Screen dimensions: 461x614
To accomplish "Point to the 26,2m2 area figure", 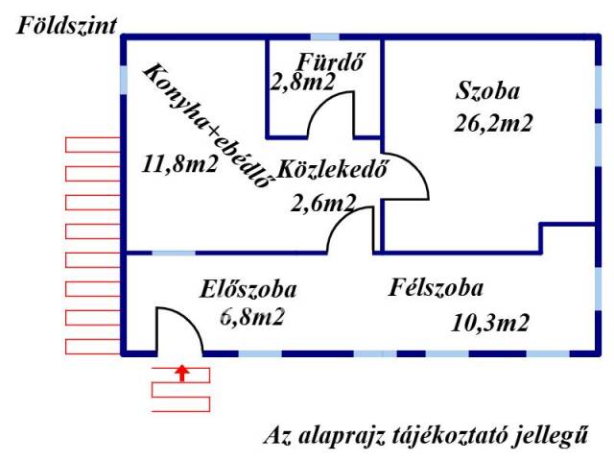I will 493,122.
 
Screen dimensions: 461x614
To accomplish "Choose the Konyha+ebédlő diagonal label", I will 203,126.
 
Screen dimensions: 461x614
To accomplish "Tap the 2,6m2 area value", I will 323,202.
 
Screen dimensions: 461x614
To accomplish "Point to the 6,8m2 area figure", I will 252,317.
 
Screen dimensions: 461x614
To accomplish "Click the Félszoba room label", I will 436,288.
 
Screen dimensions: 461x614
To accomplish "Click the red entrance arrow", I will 182,372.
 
